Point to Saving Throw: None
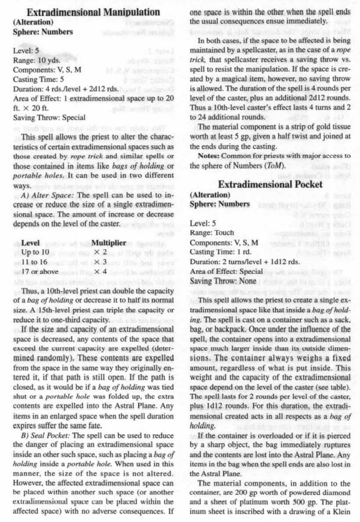(222, 280)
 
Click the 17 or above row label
(42, 271)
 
